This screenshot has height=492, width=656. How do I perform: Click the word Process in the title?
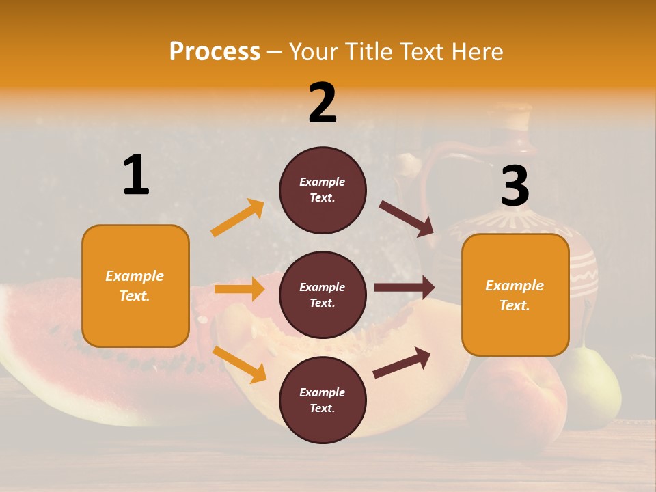pos(215,52)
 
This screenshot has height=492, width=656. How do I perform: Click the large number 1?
pos(136,175)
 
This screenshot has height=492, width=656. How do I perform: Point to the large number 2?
pos(323,103)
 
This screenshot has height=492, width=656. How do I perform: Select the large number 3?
pos(515,187)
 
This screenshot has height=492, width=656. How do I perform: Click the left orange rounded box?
pos(135,286)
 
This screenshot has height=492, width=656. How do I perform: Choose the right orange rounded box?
pos(515,295)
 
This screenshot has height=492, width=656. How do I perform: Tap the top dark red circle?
pos(323,190)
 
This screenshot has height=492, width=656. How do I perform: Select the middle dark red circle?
pos(323,295)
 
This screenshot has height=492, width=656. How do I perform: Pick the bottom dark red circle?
pos(323,400)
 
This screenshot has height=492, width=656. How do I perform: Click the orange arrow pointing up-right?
pos(238,218)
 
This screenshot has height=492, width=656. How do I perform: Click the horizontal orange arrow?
pos(239,289)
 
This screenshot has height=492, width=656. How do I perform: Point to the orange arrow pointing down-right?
pos(240,364)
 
